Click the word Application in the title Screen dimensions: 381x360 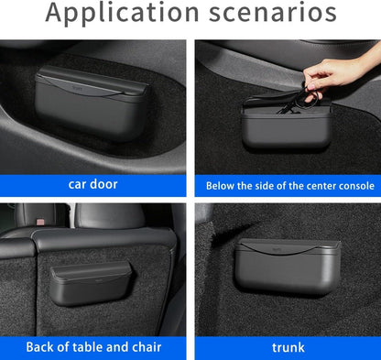(123, 13)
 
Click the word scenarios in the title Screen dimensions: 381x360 (273, 12)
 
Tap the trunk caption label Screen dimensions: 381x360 (288, 347)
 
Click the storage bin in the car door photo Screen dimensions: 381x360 (92, 103)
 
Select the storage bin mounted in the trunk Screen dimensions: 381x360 (288, 267)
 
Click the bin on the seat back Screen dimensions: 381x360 (91, 283)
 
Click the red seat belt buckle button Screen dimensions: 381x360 (39, 221)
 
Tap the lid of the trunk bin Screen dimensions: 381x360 (288, 246)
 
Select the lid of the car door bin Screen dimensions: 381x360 (93, 82)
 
